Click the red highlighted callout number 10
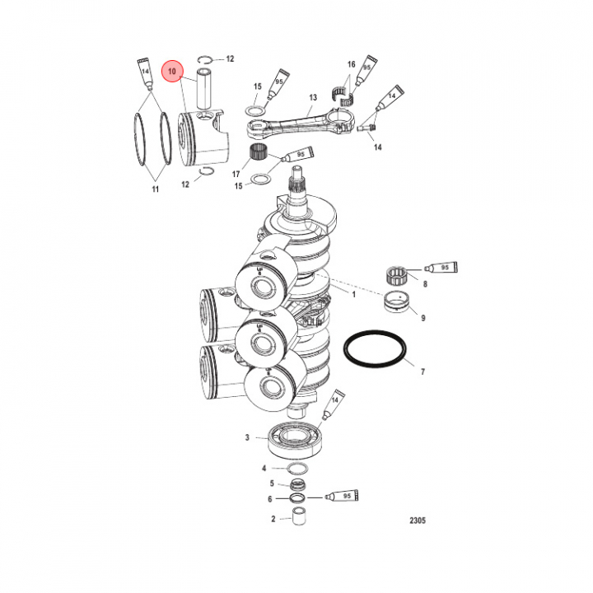(x=172, y=71)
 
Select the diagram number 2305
(x=418, y=521)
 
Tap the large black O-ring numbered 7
(x=375, y=349)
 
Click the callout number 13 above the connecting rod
(x=313, y=97)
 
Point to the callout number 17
(x=236, y=174)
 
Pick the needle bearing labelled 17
(x=258, y=153)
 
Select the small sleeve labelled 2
(x=299, y=515)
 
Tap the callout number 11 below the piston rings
(x=156, y=189)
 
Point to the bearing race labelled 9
(x=396, y=301)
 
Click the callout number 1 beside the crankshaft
(x=354, y=294)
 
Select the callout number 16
(x=352, y=64)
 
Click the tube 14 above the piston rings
(x=146, y=74)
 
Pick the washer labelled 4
(x=297, y=468)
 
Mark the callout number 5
(x=272, y=483)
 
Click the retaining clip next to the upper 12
(x=206, y=59)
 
